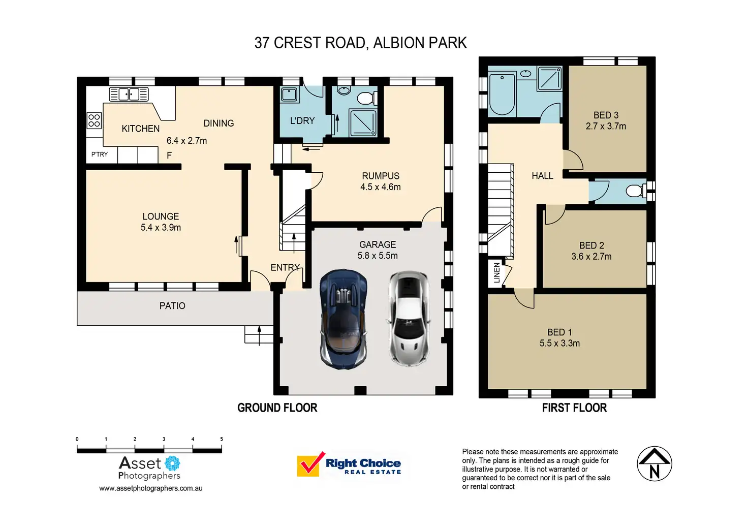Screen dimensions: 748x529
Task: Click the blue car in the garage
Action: point(343,319)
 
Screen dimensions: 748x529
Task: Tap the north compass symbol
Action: point(654,464)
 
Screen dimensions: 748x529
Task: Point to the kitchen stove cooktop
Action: point(94,120)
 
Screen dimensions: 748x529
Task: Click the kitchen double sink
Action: point(129,94)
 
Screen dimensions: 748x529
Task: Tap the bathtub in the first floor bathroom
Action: point(502,94)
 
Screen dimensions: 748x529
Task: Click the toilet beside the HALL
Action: point(634,191)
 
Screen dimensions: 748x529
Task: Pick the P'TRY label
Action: point(100,154)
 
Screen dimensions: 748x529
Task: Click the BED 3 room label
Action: point(606,115)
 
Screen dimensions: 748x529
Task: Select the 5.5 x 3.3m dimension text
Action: point(559,344)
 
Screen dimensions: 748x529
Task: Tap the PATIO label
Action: point(172,306)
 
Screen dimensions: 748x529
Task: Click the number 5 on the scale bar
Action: point(222,439)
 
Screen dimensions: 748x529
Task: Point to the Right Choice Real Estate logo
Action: point(350,465)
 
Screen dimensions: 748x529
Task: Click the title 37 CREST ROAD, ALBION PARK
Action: point(360,43)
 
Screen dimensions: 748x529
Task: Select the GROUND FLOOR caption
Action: point(277,408)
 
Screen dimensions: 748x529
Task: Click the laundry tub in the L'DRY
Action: point(289,95)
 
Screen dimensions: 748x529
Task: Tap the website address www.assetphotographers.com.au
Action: point(150,488)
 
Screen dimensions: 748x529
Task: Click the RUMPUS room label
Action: point(381,176)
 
